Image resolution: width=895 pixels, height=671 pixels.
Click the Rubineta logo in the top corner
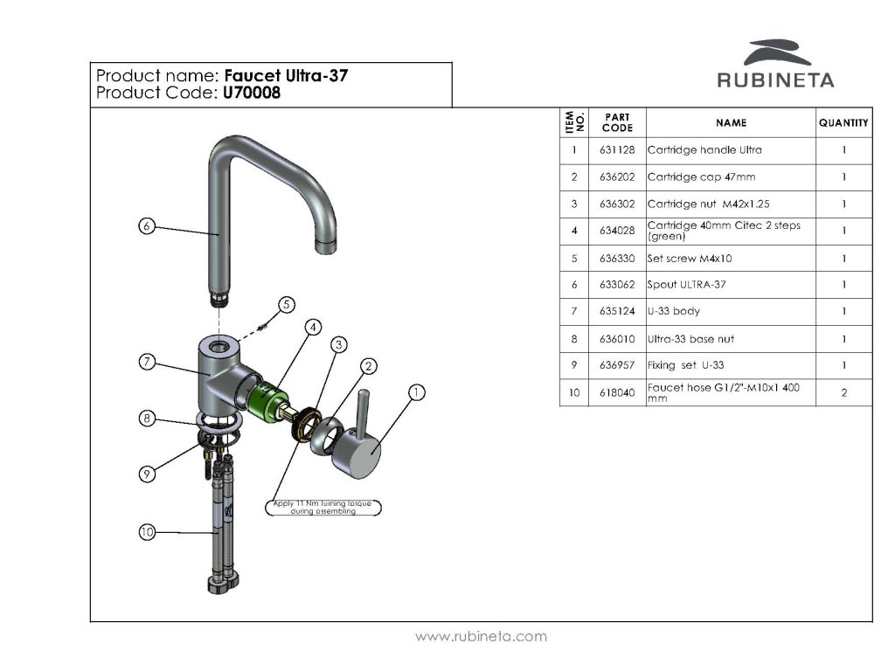point(775,65)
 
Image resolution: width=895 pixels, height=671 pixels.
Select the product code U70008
point(252,93)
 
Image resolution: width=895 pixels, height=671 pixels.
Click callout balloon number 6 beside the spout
point(147,226)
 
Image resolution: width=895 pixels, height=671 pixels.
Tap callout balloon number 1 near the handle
point(417,393)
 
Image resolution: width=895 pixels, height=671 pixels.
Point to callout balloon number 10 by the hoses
point(147,531)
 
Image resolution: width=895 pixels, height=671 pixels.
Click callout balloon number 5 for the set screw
point(286,304)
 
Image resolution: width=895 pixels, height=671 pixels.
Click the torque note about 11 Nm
point(323,508)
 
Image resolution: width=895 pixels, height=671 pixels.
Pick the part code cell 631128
point(617,150)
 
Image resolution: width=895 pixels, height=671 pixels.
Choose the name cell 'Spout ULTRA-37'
point(687,285)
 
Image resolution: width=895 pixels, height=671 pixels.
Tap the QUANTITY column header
point(843,123)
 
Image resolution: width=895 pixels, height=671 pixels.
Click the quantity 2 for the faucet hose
point(843,393)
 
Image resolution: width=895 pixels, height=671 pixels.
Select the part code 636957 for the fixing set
point(617,365)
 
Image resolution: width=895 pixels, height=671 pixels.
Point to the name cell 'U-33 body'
point(674,312)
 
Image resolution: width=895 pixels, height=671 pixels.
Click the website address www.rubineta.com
point(481,637)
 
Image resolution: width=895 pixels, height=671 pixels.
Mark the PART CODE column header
point(617,122)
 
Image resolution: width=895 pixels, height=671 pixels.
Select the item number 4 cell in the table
point(574,232)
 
